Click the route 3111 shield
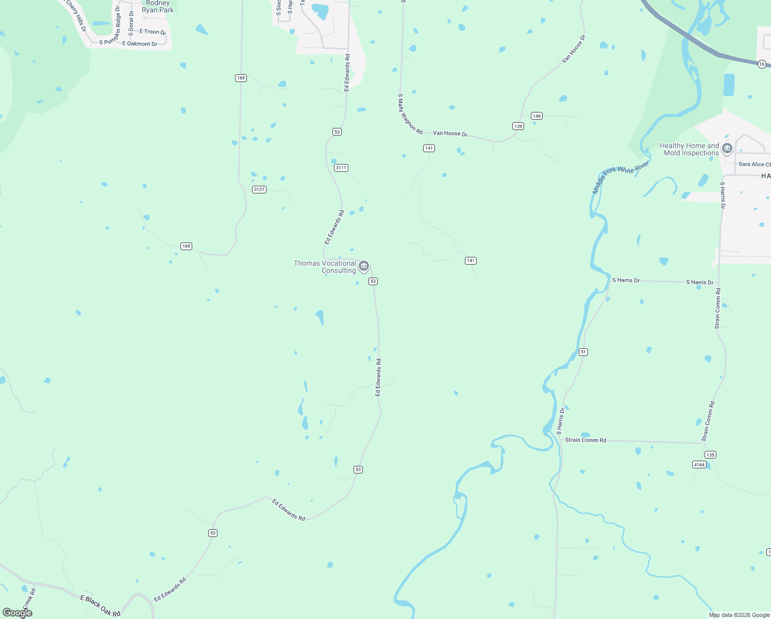pyautogui.click(x=341, y=168)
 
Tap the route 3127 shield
pyautogui.click(x=259, y=189)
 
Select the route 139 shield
pyautogui.click(x=518, y=126)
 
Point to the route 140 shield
pyautogui.click(x=537, y=116)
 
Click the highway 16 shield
pyautogui.click(x=762, y=64)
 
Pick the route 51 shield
pyautogui.click(x=583, y=352)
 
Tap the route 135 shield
pyautogui.click(x=710, y=454)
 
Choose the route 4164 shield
pyautogui.click(x=699, y=465)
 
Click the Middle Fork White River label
pyautogui.click(x=621, y=176)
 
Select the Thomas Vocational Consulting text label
pyautogui.click(x=325, y=267)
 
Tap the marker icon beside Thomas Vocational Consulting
pyautogui.click(x=364, y=266)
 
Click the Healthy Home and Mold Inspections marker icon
pyautogui.click(x=727, y=149)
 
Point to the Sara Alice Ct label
pyautogui.click(x=754, y=164)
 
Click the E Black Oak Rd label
pyautogui.click(x=100, y=606)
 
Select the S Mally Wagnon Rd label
pyautogui.click(x=410, y=114)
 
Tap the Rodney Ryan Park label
pyautogui.click(x=158, y=7)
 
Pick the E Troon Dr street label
pyautogui.click(x=153, y=31)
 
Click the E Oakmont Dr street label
pyautogui.click(x=140, y=44)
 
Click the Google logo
pyautogui.click(x=18, y=612)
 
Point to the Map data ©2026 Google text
pyautogui.click(x=739, y=615)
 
